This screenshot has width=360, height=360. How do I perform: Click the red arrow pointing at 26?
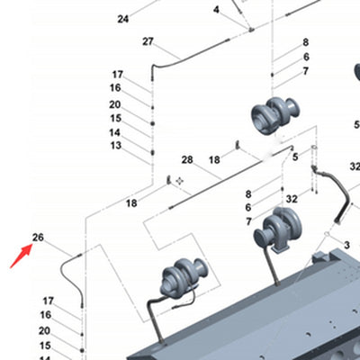(21, 256)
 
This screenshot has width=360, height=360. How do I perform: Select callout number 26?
(38, 238)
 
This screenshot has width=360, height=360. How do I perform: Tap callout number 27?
(148, 41)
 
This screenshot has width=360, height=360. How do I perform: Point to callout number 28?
(187, 159)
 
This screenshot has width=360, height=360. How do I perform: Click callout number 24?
(123, 19)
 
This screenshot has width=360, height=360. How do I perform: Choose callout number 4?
(216, 10)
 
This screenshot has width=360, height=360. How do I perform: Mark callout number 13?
(116, 146)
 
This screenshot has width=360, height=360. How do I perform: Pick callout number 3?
(346, 245)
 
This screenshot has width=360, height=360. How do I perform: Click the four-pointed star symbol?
(180, 181)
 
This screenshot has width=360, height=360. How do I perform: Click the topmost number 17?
(118, 75)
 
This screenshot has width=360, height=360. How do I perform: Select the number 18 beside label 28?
(214, 160)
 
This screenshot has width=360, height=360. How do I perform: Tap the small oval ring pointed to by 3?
(327, 234)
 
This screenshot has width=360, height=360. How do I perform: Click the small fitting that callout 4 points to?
(251, 29)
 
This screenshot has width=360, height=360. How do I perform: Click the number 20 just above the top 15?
(115, 104)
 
